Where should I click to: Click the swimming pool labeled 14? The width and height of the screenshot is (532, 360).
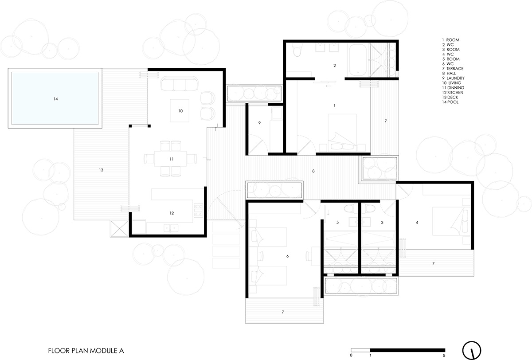coord(55,98)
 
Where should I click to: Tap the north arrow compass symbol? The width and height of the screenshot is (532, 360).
coord(472,351)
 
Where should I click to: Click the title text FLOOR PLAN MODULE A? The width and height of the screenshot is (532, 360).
coord(86,351)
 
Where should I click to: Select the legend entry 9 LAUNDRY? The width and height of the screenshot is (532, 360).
coord(454,78)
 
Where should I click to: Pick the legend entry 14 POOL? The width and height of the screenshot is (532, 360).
coord(450,102)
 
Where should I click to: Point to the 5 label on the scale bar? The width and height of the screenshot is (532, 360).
coord(444,356)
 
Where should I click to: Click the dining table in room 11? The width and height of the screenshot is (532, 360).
coord(171,159)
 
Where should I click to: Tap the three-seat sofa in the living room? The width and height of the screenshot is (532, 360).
coord(179,83)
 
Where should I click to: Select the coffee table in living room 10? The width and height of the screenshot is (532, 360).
coord(180,111)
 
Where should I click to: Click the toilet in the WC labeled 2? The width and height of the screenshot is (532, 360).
coord(297,50)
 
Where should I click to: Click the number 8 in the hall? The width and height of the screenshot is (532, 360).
coord(313,171)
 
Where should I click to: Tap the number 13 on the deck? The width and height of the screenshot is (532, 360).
coord(101,170)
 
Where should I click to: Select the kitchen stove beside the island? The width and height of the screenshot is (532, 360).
coord(198,211)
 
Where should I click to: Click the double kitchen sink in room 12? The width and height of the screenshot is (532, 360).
coord(171,228)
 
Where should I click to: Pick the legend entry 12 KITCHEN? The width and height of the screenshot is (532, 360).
coord(453,92)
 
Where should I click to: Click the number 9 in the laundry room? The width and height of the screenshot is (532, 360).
coord(259,123)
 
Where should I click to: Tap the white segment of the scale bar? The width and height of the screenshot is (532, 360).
coord(360,350)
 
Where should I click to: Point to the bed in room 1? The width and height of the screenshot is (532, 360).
coord(342,133)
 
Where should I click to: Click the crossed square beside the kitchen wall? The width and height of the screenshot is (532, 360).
coord(119,229)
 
